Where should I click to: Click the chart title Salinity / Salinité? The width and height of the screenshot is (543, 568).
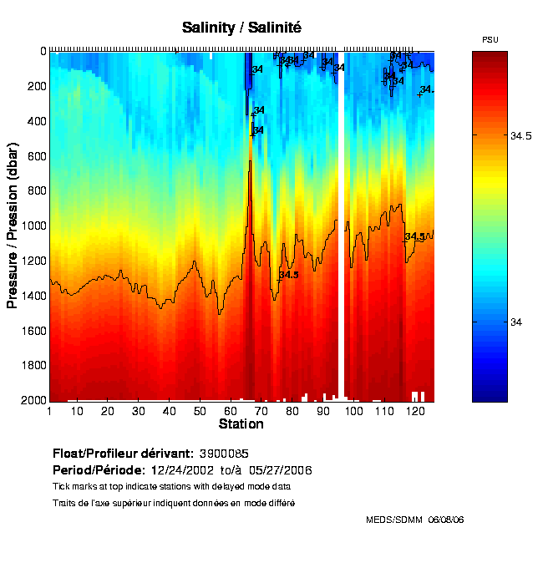(x=241, y=28)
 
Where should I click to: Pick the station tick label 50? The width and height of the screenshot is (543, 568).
(x=200, y=411)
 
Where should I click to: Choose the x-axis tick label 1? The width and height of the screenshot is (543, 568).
(x=49, y=411)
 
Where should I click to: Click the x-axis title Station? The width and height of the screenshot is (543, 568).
(x=241, y=424)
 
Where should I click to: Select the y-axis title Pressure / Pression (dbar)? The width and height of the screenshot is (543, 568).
(x=13, y=226)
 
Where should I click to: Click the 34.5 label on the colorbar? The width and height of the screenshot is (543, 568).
(x=521, y=138)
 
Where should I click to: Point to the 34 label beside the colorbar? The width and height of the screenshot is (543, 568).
(x=516, y=323)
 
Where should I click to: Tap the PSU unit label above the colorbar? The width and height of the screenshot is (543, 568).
(x=490, y=40)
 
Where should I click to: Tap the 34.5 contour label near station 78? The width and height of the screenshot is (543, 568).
(x=288, y=275)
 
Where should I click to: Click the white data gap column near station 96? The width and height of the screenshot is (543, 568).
(x=342, y=226)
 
